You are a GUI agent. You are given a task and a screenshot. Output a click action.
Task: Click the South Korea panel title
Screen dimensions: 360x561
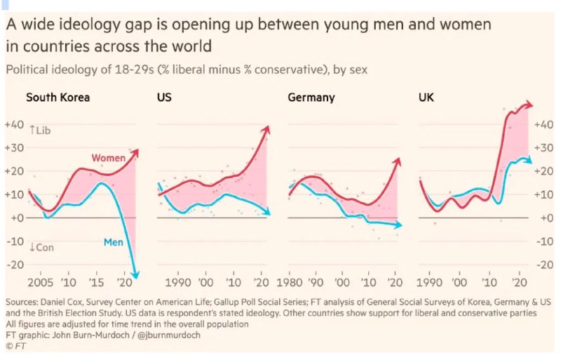58,98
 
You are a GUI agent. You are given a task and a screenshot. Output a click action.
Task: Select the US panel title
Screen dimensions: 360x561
163,98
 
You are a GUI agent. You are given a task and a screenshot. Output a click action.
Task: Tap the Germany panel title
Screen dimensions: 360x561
311,98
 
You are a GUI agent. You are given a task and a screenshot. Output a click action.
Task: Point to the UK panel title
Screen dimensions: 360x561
426,98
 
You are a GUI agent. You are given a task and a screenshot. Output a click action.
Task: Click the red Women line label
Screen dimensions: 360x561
108,159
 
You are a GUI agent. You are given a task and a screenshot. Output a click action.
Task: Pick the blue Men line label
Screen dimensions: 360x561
114,242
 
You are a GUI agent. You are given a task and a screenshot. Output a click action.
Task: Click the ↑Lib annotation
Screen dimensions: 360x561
41,130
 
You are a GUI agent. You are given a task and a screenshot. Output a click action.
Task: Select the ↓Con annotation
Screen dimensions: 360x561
41,247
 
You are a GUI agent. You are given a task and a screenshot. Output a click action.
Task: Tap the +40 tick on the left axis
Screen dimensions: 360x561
14,124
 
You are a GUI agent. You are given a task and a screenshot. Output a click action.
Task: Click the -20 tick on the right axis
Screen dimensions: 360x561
542,265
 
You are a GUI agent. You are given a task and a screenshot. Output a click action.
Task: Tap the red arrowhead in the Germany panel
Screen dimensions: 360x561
398,161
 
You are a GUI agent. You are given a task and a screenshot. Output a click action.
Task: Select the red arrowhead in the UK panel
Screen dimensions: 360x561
529,104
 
